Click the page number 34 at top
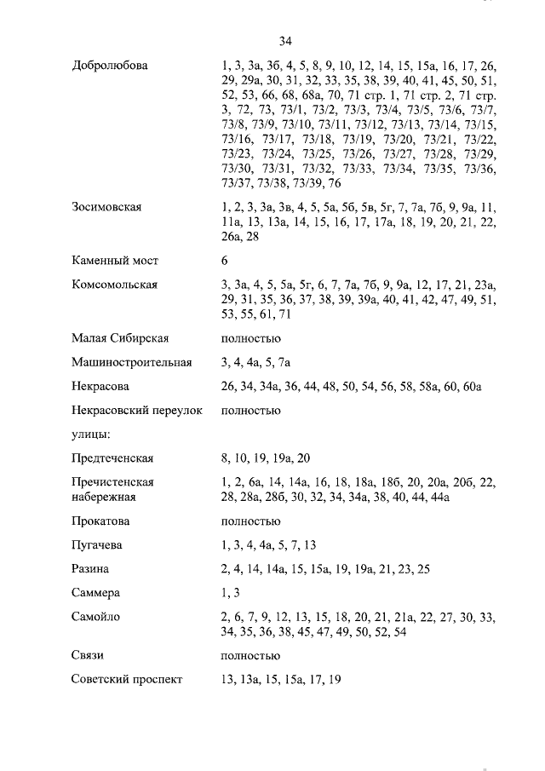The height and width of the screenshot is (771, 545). [285, 40]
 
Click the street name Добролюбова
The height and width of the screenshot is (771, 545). [110, 66]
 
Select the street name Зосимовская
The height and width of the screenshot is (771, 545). [106, 207]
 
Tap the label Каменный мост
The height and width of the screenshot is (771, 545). [115, 261]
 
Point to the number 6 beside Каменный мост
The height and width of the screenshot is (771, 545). [224, 261]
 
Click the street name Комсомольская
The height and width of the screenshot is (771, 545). [115, 285]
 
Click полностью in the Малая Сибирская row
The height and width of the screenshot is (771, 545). [250, 339]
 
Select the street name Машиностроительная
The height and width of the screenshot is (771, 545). [132, 363]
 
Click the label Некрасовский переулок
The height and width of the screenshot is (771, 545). [138, 411]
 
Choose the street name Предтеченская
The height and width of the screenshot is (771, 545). [113, 458]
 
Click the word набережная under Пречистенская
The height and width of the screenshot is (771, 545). [104, 497]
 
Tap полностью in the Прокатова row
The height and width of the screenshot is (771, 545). [250, 521]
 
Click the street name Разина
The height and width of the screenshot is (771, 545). [91, 568]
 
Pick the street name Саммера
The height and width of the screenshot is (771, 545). [96, 592]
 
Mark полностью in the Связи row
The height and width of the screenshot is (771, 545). [250, 656]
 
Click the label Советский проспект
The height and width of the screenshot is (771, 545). [127, 680]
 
